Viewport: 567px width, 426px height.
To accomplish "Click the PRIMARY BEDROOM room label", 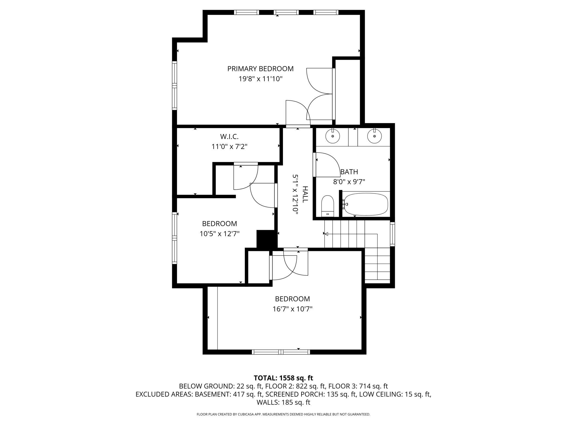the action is coord(260,69).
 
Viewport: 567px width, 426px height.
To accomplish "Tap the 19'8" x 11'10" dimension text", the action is coord(260,79).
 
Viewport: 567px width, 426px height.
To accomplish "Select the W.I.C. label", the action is coord(229,136).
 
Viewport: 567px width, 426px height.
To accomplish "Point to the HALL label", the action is coord(305,194).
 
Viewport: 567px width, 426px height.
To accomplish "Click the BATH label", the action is coord(349,172).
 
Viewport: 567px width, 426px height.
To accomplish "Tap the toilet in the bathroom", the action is coord(328,206).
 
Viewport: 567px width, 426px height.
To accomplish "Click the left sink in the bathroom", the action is coord(333,136).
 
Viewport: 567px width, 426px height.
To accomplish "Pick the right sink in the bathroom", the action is coord(374,136).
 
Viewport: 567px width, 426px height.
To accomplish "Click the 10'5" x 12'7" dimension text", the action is coord(219,234).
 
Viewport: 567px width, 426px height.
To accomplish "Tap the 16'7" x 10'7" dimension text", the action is coord(292,309).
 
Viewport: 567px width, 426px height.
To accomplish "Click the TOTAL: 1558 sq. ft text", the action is coord(283,378).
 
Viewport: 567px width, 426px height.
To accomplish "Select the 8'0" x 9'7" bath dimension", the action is coord(349,182).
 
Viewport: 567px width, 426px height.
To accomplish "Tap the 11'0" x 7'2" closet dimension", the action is coord(229,147).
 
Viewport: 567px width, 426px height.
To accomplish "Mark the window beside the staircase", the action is coord(393,234).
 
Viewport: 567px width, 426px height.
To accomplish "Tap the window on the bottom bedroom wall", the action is coord(281,352).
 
